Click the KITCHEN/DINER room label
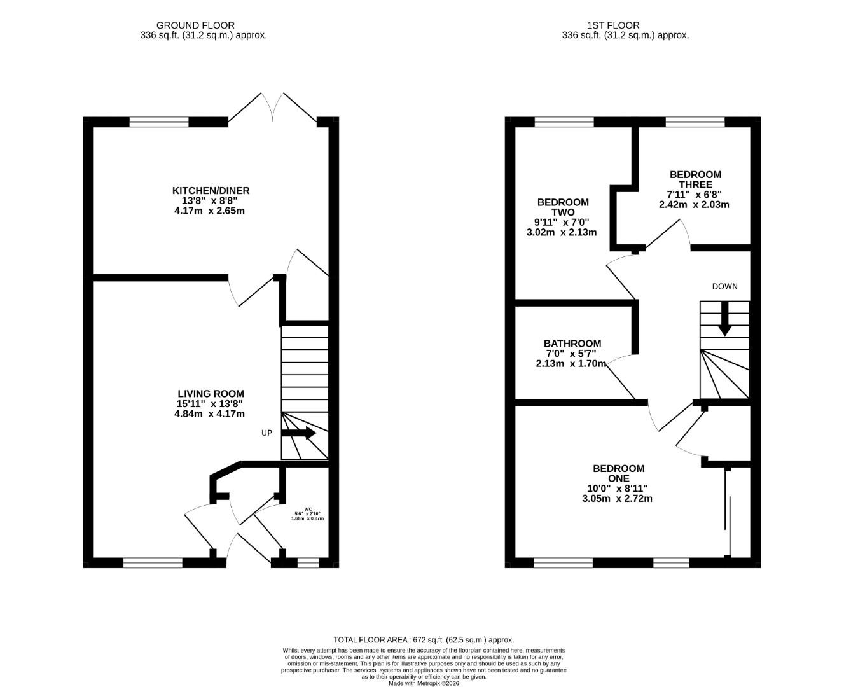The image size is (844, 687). coord(211,190)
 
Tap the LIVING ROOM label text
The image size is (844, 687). coord(210,394)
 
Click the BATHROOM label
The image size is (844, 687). coord(572,343)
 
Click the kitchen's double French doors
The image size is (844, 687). coord(272,108)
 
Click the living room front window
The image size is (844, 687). coord(153,562)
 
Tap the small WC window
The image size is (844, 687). coord(308,562)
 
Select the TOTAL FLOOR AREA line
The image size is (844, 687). coord(423,640)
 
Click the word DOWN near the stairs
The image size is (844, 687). coord(724,286)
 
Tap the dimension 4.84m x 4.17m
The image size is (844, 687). coord(209,414)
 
